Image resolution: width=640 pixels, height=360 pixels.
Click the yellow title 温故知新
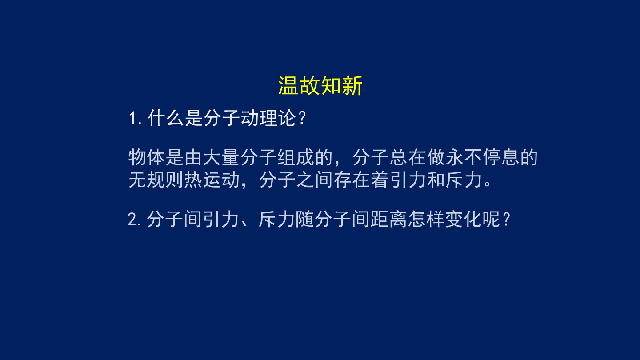tap(320, 85)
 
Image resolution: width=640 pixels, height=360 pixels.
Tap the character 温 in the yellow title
tap(288, 85)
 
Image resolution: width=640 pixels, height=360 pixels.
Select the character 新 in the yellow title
tap(352, 85)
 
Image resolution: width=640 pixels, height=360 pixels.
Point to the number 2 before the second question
tap(132, 220)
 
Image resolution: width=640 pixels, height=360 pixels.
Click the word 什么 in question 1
tap(166, 118)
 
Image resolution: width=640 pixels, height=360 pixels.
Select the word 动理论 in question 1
tap(268, 118)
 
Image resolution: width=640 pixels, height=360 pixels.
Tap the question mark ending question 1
tap(302, 118)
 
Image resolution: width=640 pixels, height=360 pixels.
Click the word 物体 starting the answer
tap(147, 157)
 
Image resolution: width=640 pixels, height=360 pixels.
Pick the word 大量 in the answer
tap(221, 157)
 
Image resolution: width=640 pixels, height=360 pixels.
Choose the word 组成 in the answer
tap(296, 157)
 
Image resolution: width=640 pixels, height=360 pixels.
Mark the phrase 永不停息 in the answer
tap(482, 157)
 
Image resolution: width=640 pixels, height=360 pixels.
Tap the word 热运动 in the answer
tap(212, 180)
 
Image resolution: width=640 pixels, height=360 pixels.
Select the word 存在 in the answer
tap(352, 180)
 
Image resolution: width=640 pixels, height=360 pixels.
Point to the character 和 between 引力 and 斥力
tap(436, 180)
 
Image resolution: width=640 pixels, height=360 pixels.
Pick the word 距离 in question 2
tap(388, 219)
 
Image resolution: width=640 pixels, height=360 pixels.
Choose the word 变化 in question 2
tap(463, 219)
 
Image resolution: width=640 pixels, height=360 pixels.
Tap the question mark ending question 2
tap(507, 220)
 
